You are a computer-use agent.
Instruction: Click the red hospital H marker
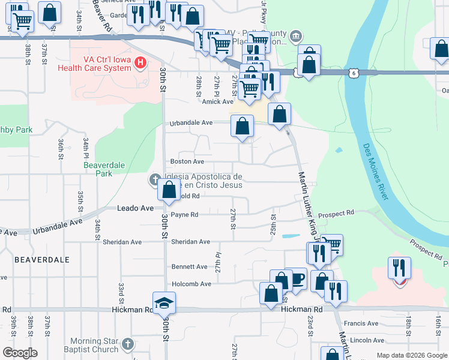[140, 62]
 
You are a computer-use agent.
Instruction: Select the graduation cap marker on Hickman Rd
[163, 304]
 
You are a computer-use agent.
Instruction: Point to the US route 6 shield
[355, 72]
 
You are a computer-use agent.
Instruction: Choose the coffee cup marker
[295, 278]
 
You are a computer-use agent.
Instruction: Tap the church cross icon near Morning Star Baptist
[127, 344]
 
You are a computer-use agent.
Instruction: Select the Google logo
[20, 353]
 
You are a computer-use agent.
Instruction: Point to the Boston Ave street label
[187, 161]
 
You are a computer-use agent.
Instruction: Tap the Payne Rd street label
[184, 214]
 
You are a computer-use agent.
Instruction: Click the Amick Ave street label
[217, 102]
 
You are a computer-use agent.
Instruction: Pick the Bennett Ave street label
[190, 266]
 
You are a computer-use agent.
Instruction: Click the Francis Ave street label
[364, 323]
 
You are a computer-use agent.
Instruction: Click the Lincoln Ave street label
[364, 340]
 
